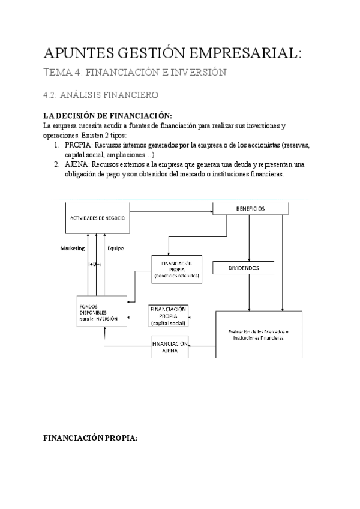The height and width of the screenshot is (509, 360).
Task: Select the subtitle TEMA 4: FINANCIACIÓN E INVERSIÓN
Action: click(135, 73)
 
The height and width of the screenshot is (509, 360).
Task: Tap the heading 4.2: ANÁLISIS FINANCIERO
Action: click(101, 95)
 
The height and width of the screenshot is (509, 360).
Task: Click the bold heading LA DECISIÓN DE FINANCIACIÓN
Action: click(108, 116)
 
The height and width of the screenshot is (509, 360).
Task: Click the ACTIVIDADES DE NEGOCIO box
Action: click(97, 218)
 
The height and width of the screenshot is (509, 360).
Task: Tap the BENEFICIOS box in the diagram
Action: click(251, 209)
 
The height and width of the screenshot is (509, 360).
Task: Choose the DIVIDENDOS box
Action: click(244, 268)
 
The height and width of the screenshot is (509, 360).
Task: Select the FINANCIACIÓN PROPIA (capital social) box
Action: click(168, 316)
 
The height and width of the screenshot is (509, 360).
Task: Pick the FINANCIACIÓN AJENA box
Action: click(169, 348)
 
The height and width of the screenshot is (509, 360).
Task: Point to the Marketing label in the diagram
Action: click(73, 248)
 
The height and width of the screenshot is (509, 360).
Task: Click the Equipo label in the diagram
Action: click(115, 248)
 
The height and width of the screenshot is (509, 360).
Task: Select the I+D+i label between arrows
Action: click(94, 264)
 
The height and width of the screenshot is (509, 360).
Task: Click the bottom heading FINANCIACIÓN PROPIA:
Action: click(90, 438)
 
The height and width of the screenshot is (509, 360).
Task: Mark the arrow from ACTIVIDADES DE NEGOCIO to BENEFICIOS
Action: click(171, 211)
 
